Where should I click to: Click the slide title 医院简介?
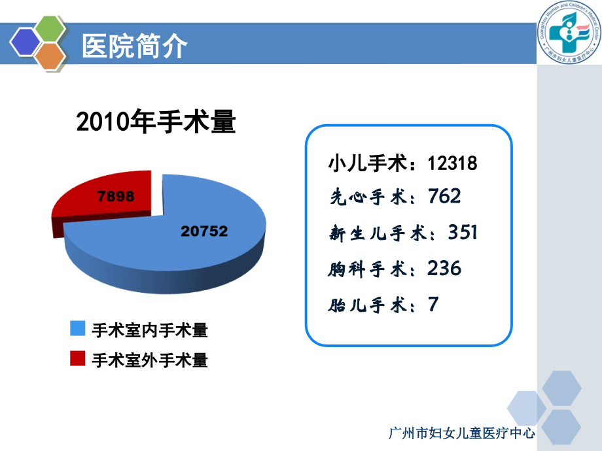tap(134, 46)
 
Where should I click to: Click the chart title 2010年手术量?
tap(156, 122)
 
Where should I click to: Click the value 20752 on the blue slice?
tap(205, 231)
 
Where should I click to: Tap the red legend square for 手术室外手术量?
tap(78, 359)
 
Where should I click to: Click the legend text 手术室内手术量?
tap(150, 330)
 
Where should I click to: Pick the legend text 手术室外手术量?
tap(150, 359)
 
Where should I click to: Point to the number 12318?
tap(452, 163)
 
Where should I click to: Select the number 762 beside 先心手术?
tap(444, 196)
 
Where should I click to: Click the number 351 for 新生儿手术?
tap(463, 232)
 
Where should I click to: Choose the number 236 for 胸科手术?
tap(444, 268)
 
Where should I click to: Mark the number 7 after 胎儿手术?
tap(433, 304)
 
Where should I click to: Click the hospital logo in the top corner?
tap(569, 33)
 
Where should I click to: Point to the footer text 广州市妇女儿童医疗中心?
tap(462, 433)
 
